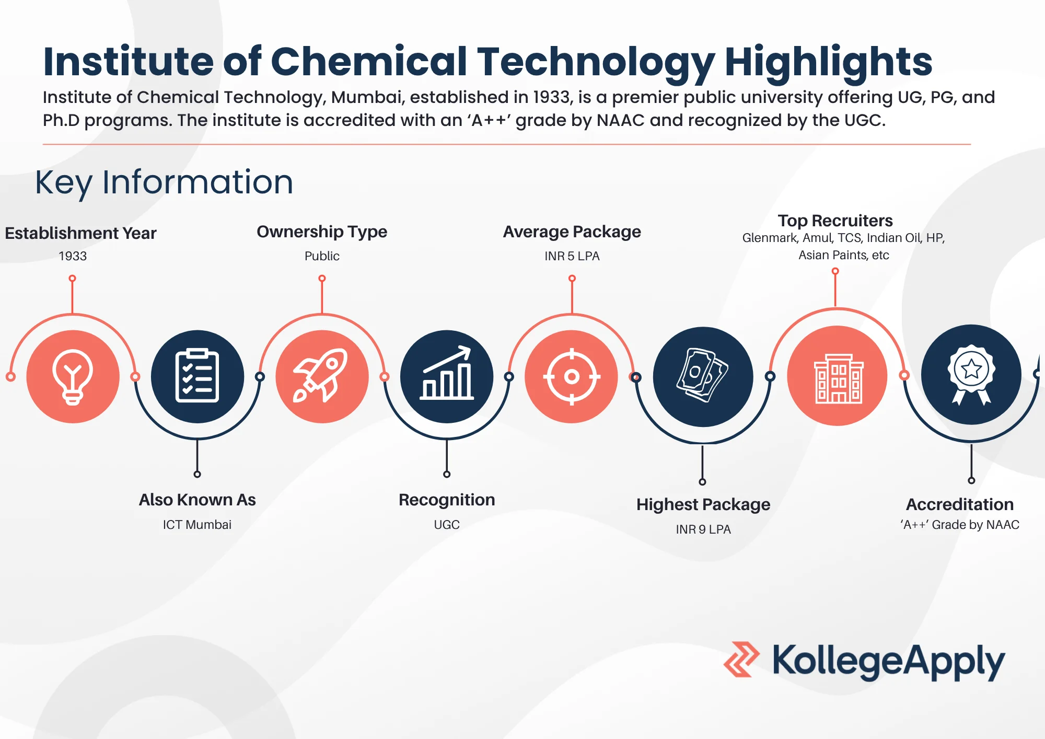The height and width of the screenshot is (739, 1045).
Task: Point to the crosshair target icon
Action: coord(572,376)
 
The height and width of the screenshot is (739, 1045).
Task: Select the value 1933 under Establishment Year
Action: coord(73,256)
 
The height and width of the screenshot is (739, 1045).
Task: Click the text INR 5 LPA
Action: coord(572,256)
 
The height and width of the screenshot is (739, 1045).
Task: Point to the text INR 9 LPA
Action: coord(703,529)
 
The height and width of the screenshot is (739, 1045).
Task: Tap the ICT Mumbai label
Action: coord(197,525)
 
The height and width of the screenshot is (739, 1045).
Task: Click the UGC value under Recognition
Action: coord(447,525)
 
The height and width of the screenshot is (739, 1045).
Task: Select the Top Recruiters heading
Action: coord(835,221)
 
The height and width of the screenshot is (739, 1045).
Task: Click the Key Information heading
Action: coord(164,182)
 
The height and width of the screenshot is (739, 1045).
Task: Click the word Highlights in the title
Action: coord(828,62)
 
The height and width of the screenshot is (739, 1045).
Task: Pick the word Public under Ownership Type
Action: coord(322,256)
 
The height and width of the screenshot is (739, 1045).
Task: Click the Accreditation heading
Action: coord(959,504)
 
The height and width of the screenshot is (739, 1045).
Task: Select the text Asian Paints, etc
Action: coord(843,255)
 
